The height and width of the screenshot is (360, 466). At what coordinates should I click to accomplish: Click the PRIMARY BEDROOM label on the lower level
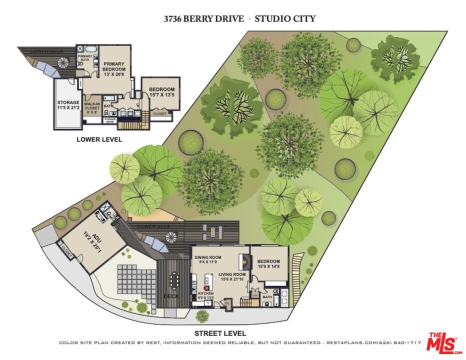[114, 68]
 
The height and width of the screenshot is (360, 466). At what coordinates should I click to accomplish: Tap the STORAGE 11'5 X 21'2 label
[68, 105]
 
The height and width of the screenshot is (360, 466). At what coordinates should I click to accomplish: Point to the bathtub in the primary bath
[90, 49]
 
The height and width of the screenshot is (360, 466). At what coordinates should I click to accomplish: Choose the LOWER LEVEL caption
[99, 140]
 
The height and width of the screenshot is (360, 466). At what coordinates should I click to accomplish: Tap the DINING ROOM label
[208, 259]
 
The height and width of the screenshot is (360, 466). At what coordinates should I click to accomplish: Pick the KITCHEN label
[206, 296]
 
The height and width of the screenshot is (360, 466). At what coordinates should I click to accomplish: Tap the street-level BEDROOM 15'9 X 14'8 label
[269, 264]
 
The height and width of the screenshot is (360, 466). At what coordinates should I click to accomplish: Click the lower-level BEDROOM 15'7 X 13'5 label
[161, 92]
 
